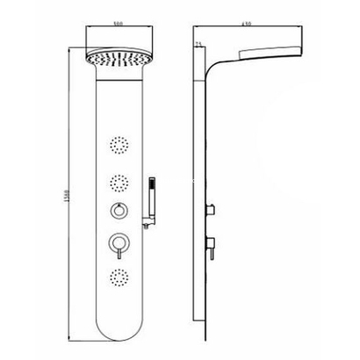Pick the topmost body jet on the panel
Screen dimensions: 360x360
coord(117,142)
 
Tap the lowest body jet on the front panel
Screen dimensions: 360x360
coord(117,277)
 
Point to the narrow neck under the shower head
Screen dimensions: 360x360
coord(117,88)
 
